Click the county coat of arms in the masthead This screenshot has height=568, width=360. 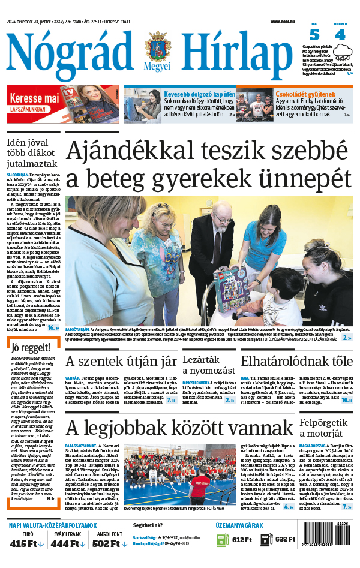pos(157,47)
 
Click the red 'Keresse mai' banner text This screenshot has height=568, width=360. pos(34,98)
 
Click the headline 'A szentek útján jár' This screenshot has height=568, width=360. pos(121,361)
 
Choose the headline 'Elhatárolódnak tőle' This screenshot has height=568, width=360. pos(296,361)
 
